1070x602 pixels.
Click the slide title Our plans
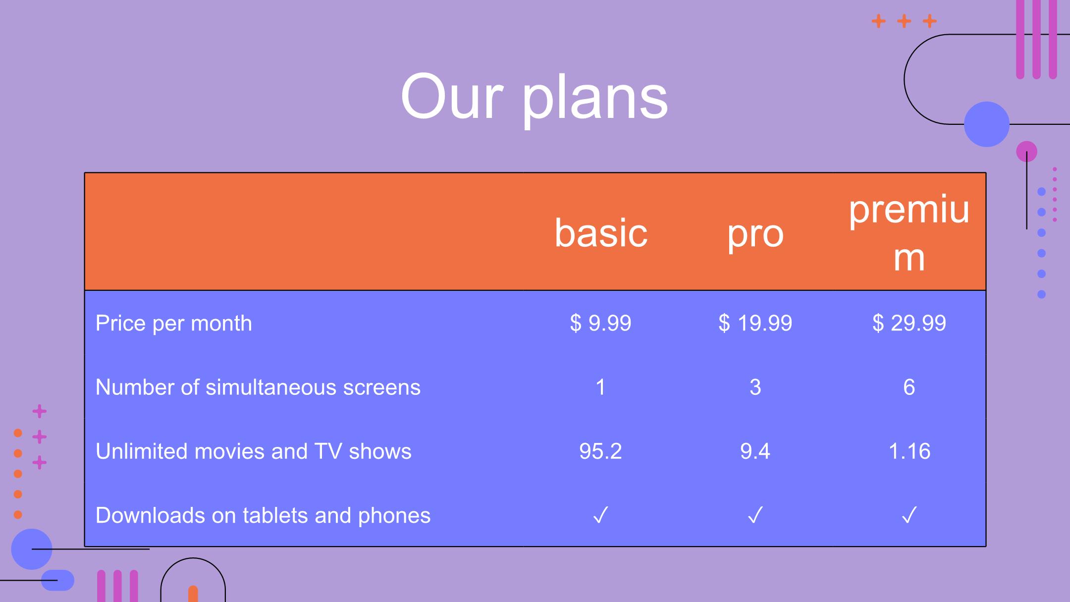click(x=534, y=97)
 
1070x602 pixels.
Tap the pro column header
click(x=755, y=235)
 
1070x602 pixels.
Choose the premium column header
click(x=909, y=233)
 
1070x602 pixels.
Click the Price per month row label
click(x=173, y=324)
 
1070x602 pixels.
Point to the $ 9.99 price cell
click(x=600, y=323)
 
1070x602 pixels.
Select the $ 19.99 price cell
click(x=755, y=323)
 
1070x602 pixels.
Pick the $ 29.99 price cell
click(x=909, y=323)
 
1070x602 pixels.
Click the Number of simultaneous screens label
click(x=258, y=387)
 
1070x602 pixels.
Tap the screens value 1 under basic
click(x=600, y=387)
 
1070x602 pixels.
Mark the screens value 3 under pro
click(x=755, y=387)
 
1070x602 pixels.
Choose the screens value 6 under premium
click(x=909, y=387)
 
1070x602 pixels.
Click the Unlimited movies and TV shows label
click(x=253, y=451)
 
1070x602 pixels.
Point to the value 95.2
click(x=600, y=451)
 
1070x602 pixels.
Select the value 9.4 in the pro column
click(x=755, y=451)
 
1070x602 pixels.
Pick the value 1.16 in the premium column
click(x=909, y=451)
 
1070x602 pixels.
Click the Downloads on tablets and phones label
click(x=263, y=516)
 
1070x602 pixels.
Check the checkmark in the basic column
click(x=600, y=515)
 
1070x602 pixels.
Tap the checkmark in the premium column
click(x=909, y=515)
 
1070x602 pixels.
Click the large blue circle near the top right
click(x=987, y=124)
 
